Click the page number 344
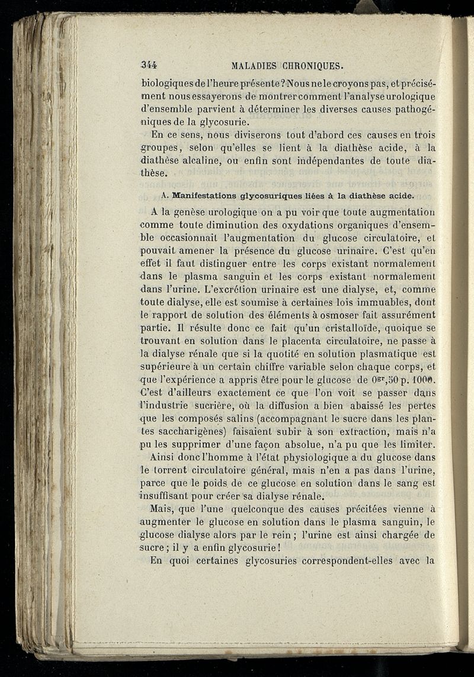click(153, 65)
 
